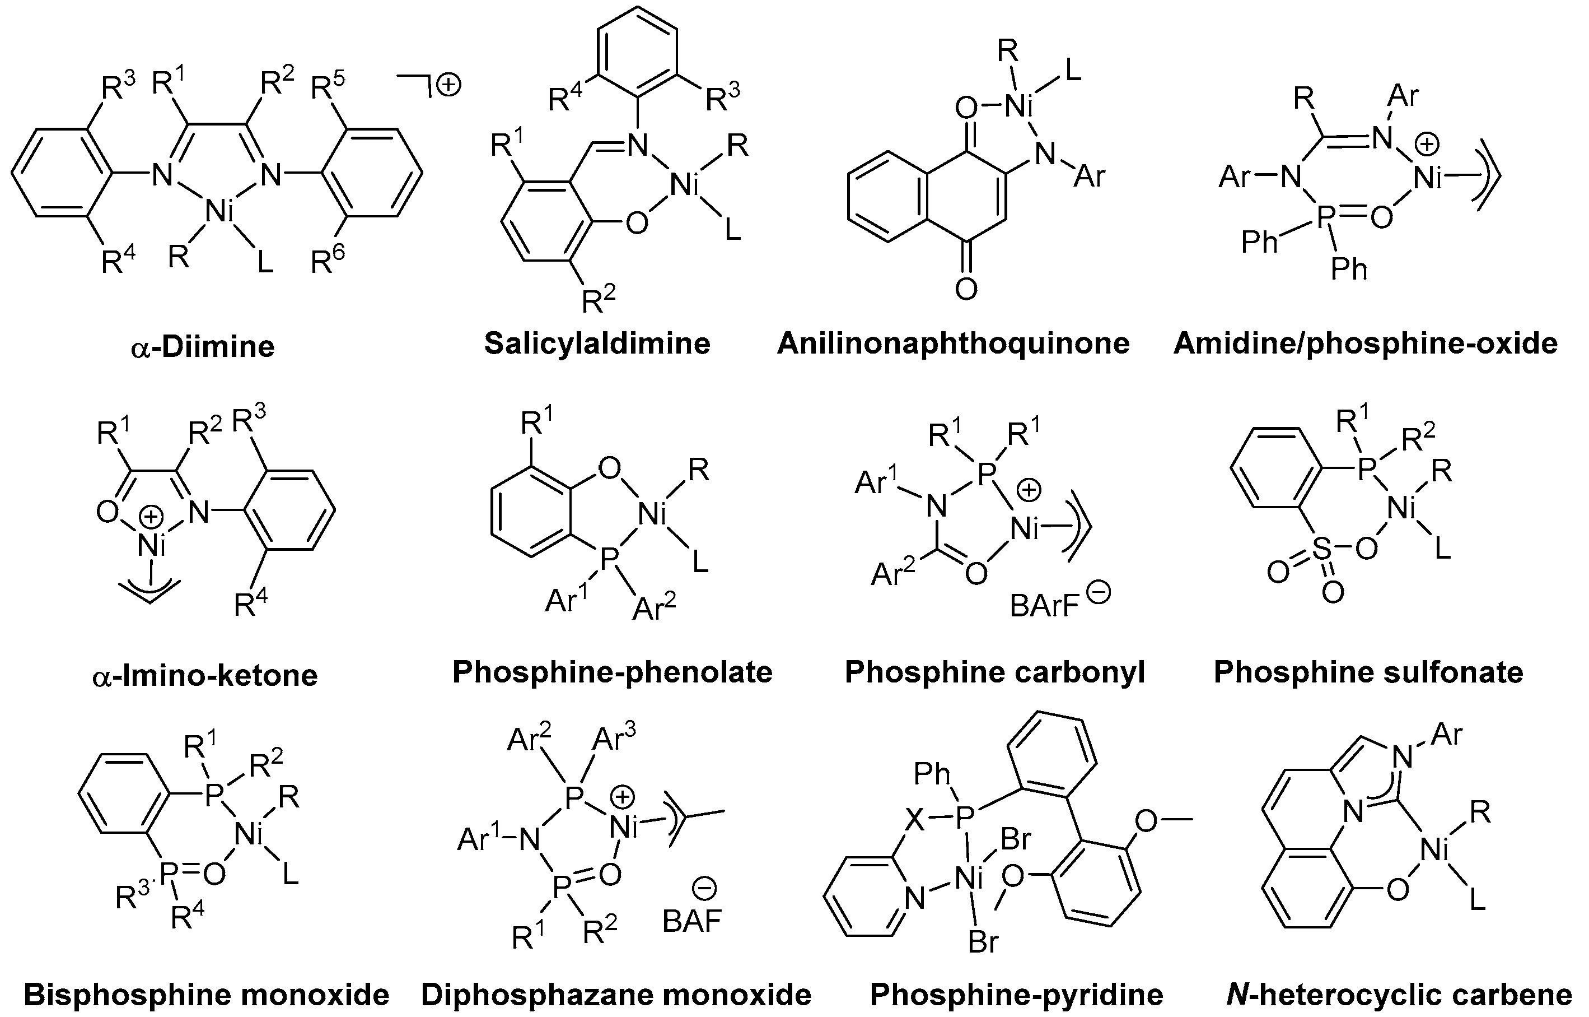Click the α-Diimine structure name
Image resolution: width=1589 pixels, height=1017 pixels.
203,347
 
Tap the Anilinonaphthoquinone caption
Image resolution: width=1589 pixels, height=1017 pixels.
953,343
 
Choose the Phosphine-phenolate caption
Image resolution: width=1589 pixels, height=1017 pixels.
612,672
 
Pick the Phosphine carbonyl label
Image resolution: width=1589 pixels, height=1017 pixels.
994,672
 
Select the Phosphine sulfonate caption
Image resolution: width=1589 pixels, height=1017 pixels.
1368,672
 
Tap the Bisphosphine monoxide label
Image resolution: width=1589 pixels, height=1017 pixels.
206,995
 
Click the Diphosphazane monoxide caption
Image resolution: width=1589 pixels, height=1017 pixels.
616,995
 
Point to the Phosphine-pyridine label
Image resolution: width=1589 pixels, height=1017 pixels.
1016,995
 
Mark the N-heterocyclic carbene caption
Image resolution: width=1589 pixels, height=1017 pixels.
1399,995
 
